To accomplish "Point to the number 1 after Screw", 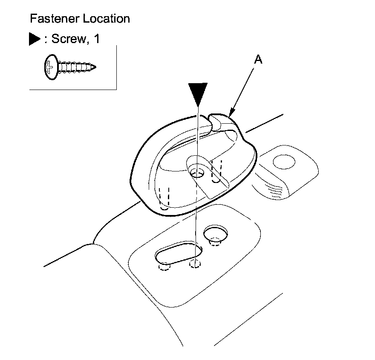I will (96, 39).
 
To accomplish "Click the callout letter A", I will (258, 60).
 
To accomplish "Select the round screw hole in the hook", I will (197, 173).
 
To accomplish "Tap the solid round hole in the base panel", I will (216, 233).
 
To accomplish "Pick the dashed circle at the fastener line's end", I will (195, 264).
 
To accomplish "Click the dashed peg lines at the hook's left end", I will (164, 197).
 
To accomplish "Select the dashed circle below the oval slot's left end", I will (164, 267).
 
